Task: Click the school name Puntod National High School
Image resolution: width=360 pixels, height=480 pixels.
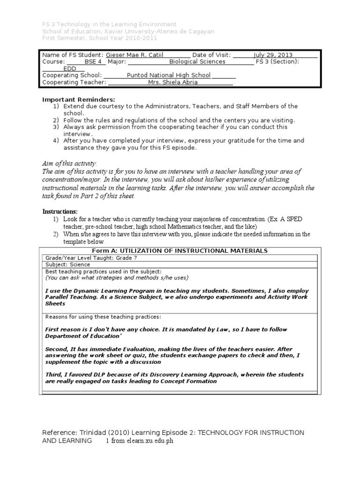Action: tap(169, 75)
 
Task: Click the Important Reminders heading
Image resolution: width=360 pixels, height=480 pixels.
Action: tap(78, 99)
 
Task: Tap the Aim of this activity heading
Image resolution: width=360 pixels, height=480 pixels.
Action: tap(69, 163)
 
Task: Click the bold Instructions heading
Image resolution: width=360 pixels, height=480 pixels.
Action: tap(60, 212)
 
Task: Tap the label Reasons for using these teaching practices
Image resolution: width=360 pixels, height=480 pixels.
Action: tap(103, 317)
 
